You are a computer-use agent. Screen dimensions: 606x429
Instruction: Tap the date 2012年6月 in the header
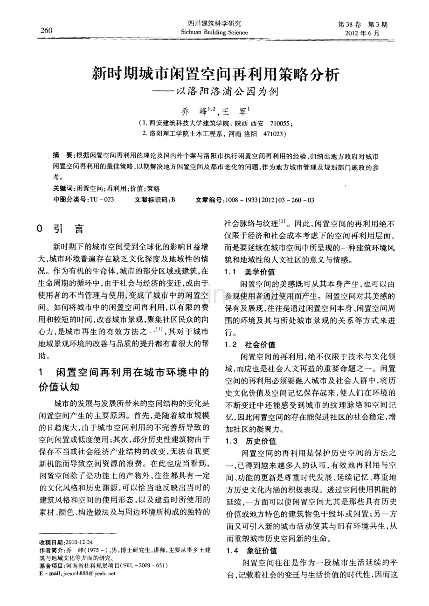[362, 34]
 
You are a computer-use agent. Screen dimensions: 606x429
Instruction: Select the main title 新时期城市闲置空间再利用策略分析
[214, 73]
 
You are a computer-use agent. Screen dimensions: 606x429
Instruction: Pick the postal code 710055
[279, 124]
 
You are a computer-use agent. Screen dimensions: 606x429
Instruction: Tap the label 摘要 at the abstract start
[62, 154]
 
